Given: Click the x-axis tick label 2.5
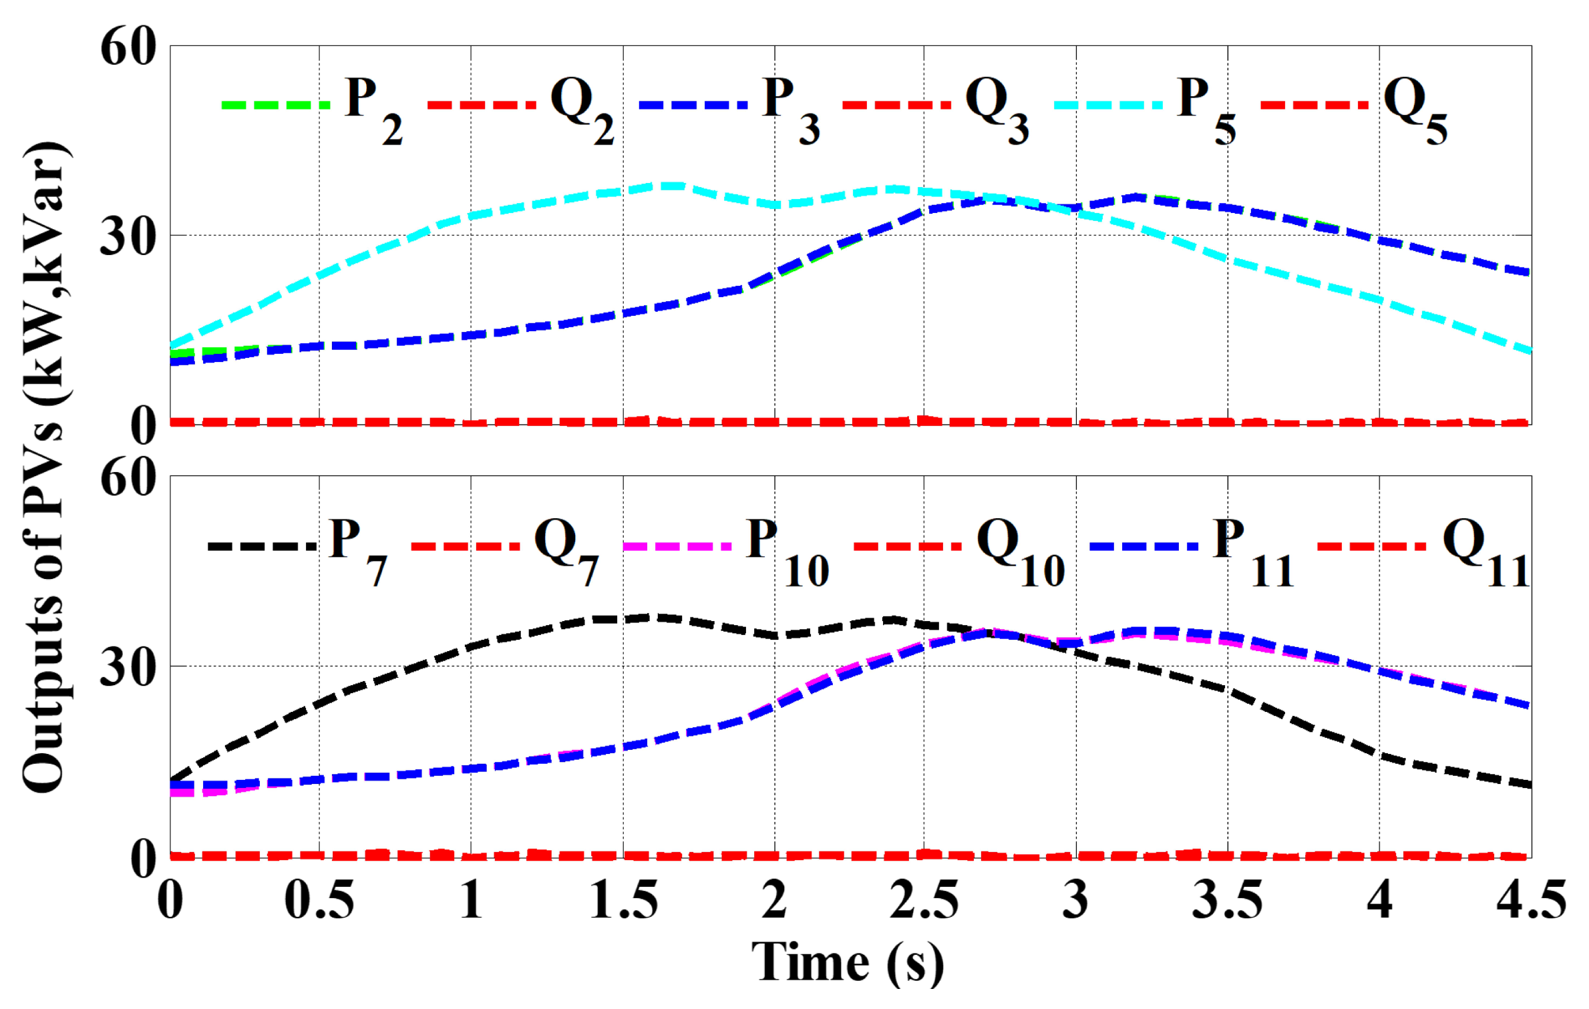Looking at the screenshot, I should click(x=924, y=900).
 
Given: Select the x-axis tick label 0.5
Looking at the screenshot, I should click(x=319, y=900).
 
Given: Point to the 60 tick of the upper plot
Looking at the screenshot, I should click(x=128, y=48).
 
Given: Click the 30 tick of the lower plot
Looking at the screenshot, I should click(x=128, y=666).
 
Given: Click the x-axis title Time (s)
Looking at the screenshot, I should click(x=848, y=964).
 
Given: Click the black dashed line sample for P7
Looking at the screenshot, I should click(x=262, y=546).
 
